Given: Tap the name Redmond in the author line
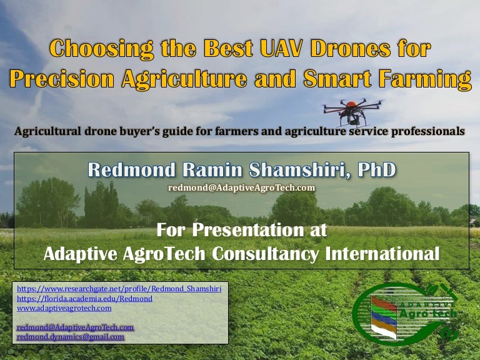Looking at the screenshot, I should (127, 169).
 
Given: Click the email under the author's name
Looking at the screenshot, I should (241, 187).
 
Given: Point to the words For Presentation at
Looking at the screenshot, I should (241, 230).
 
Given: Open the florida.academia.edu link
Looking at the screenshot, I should (84, 299).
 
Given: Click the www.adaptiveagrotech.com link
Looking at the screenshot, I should (64, 307).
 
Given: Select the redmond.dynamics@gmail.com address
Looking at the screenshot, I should (71, 336).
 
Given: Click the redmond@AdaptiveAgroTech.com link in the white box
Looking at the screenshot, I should (76, 327).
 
